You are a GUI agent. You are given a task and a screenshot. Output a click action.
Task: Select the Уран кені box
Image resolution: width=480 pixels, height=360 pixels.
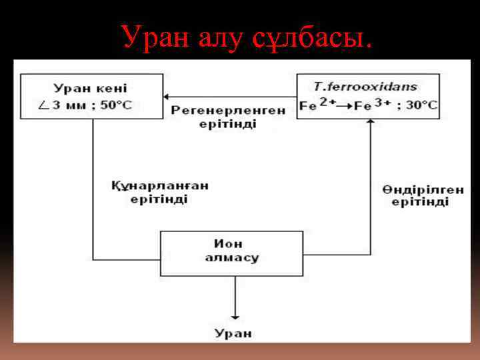pyautogui.click(x=92, y=97)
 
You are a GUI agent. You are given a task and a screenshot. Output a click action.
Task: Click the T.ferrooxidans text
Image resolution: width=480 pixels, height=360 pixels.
pyautogui.click(x=365, y=87)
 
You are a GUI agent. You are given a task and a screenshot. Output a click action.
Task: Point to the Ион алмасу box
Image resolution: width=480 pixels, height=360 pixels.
pyautogui.click(x=232, y=253)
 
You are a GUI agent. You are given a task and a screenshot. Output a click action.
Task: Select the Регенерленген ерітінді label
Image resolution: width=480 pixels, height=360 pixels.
pyautogui.click(x=228, y=117)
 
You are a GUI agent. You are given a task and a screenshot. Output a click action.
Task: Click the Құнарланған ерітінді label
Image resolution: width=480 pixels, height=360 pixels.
pyautogui.click(x=159, y=193)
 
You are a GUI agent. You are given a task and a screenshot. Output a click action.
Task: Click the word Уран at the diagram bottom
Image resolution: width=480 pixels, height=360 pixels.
pyautogui.click(x=233, y=333)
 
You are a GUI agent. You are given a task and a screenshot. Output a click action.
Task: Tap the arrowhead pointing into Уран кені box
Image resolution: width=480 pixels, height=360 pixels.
pyautogui.click(x=167, y=97)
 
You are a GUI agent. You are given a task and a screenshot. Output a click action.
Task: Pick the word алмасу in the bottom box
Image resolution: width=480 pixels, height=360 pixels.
pyautogui.click(x=232, y=258)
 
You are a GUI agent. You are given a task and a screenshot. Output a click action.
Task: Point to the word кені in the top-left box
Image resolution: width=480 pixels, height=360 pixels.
pyautogui.click(x=112, y=88)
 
